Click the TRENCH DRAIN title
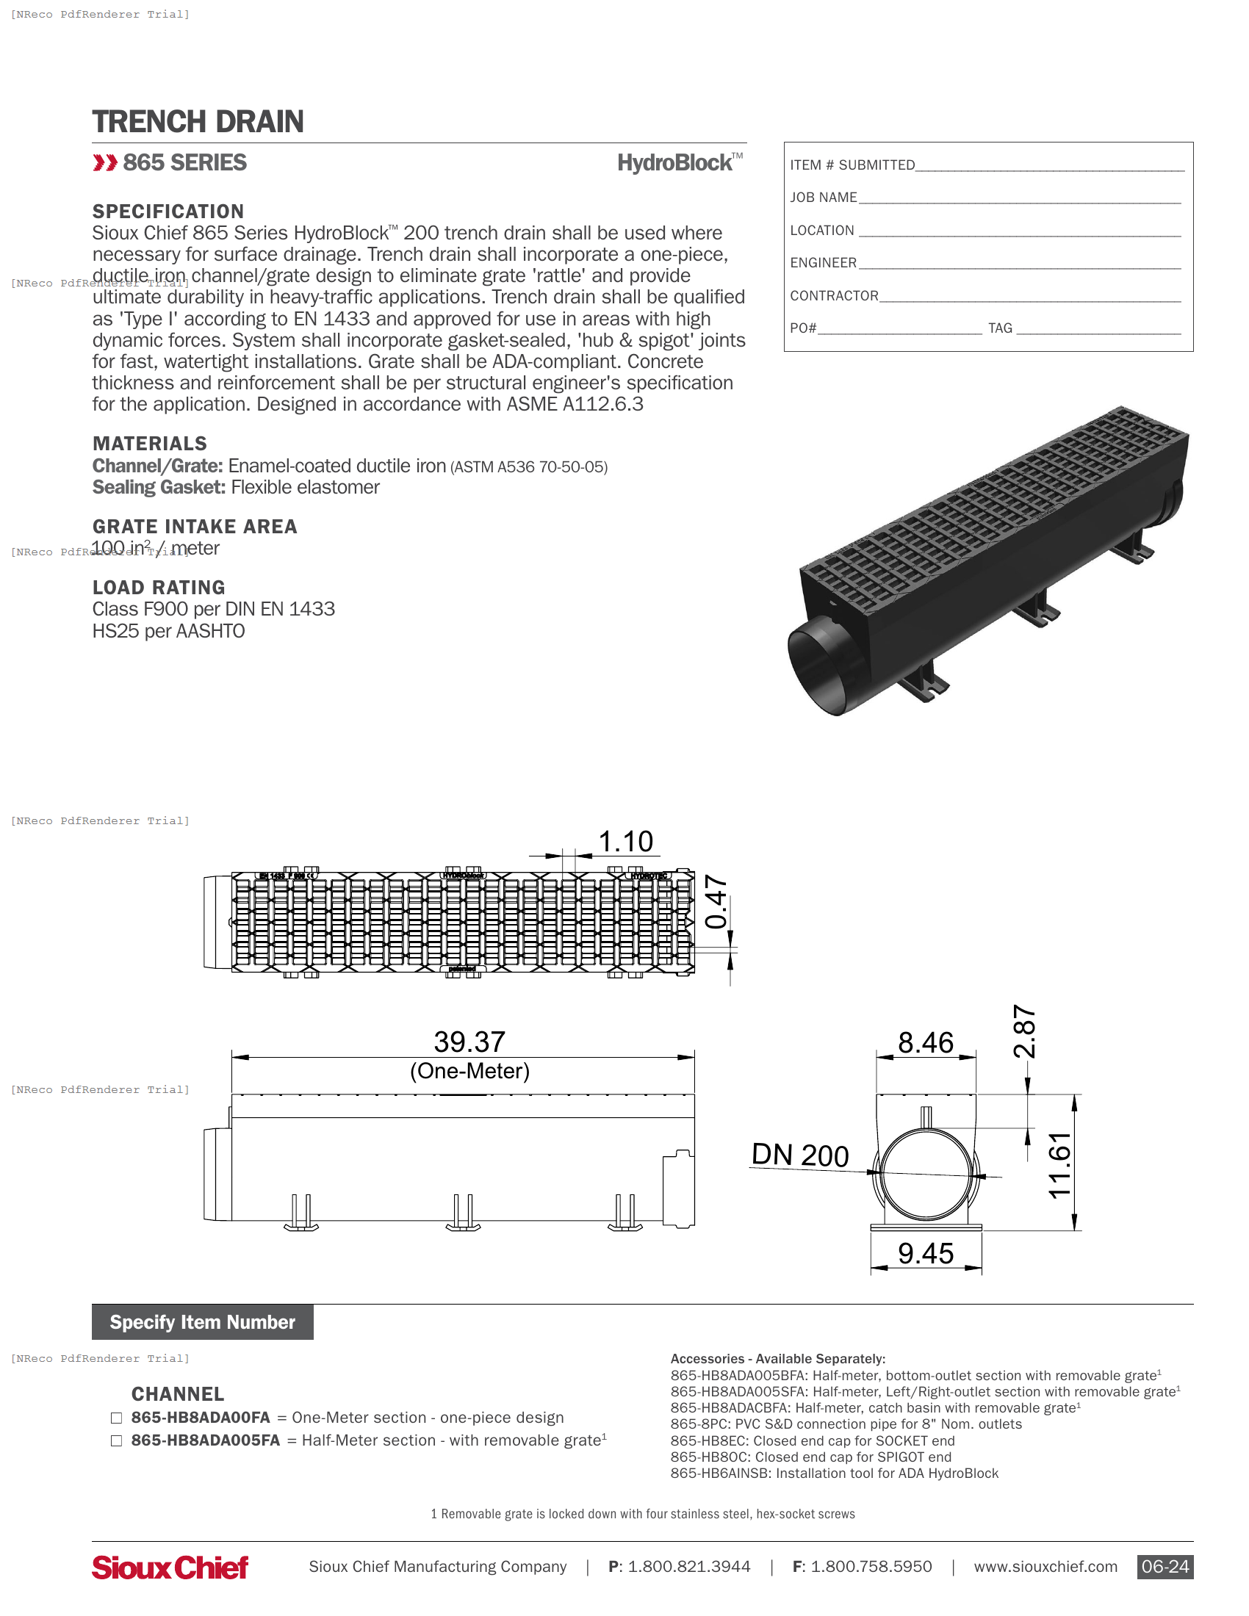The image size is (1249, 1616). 198,122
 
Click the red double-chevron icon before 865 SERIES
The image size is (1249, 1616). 104,163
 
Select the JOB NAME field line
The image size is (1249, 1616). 1019,198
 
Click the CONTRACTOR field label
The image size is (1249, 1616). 834,296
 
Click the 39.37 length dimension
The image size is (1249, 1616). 469,1042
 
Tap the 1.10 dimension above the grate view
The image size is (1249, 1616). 625,841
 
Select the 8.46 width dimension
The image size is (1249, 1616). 925,1042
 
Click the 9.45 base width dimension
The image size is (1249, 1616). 925,1253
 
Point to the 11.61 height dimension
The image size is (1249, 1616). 1059,1166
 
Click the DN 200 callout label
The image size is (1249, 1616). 799,1155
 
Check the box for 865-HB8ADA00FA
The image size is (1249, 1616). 116,1418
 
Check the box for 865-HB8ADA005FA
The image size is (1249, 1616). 116,1440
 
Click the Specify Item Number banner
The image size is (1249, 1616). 202,1322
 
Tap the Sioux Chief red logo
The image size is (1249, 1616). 170,1568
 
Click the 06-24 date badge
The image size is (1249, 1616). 1165,1567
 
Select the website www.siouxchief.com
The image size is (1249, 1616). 1045,1567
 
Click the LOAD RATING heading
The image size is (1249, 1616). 159,588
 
